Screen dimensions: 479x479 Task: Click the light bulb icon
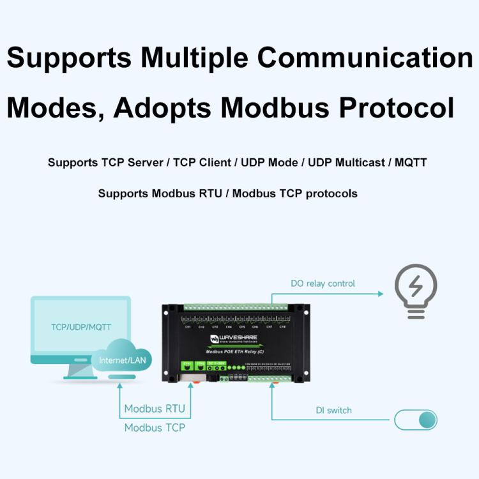[x=416, y=291]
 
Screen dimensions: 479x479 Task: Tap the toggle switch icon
[x=416, y=420]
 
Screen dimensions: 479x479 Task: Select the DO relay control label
[x=323, y=283]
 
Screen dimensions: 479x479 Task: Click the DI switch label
[x=333, y=410]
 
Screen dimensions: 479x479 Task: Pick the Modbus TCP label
[x=155, y=427]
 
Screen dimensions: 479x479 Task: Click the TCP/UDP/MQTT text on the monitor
[x=81, y=327]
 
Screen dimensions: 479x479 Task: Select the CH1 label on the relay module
[x=188, y=327]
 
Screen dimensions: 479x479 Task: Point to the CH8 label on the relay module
[x=283, y=327]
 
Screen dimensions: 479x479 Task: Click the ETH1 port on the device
[x=187, y=368]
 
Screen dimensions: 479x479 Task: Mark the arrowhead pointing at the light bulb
[x=380, y=294]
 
